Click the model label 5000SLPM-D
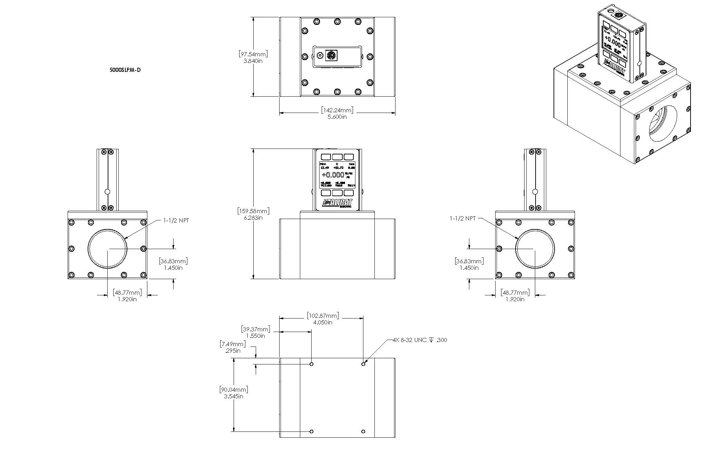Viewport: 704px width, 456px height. [x=125, y=70]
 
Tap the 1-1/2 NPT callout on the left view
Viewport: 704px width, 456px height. [x=176, y=220]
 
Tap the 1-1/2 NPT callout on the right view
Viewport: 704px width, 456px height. [x=462, y=218]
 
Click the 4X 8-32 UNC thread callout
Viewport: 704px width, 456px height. [x=420, y=340]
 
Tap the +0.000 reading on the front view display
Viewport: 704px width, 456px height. [x=333, y=175]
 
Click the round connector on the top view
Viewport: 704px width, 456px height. [x=332, y=55]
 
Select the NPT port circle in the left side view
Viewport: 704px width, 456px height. [x=107, y=248]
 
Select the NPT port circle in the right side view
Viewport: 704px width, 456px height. [x=535, y=248]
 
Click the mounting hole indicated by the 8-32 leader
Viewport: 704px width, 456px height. [x=363, y=364]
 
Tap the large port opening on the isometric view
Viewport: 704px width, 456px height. [x=663, y=124]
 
